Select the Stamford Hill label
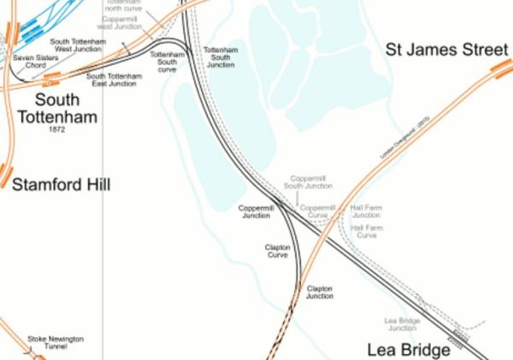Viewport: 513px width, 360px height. [x=61, y=184]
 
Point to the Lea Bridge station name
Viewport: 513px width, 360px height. [x=409, y=350]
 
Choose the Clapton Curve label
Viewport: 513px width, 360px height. [x=278, y=251]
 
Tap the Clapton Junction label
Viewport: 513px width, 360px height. [x=320, y=292]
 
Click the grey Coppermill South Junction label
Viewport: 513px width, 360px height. [x=308, y=182]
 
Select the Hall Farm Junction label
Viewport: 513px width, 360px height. [x=366, y=211]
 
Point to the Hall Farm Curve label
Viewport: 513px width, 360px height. [x=366, y=232]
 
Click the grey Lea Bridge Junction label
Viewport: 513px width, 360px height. [x=402, y=324]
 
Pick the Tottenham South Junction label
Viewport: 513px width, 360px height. [x=221, y=57]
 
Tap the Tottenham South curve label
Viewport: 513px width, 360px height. [x=167, y=62]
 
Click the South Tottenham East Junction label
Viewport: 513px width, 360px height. [x=114, y=80]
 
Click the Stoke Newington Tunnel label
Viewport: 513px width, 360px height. [x=56, y=343]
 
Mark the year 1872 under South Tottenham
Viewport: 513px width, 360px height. [x=57, y=129]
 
